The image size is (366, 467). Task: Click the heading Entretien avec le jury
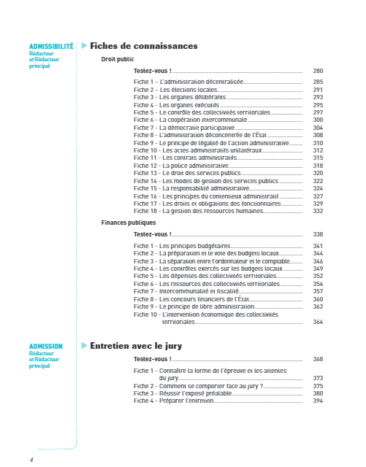135,345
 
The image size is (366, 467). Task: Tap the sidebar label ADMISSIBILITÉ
51,46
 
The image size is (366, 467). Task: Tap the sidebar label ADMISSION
46,346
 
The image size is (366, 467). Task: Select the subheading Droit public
118,59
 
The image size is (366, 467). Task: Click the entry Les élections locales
175,90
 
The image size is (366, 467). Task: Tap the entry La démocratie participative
183,128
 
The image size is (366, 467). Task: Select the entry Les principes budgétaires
182,246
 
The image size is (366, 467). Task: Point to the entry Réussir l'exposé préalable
182,393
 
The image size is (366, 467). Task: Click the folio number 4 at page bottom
31,460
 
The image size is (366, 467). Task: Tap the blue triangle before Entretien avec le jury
84,345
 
